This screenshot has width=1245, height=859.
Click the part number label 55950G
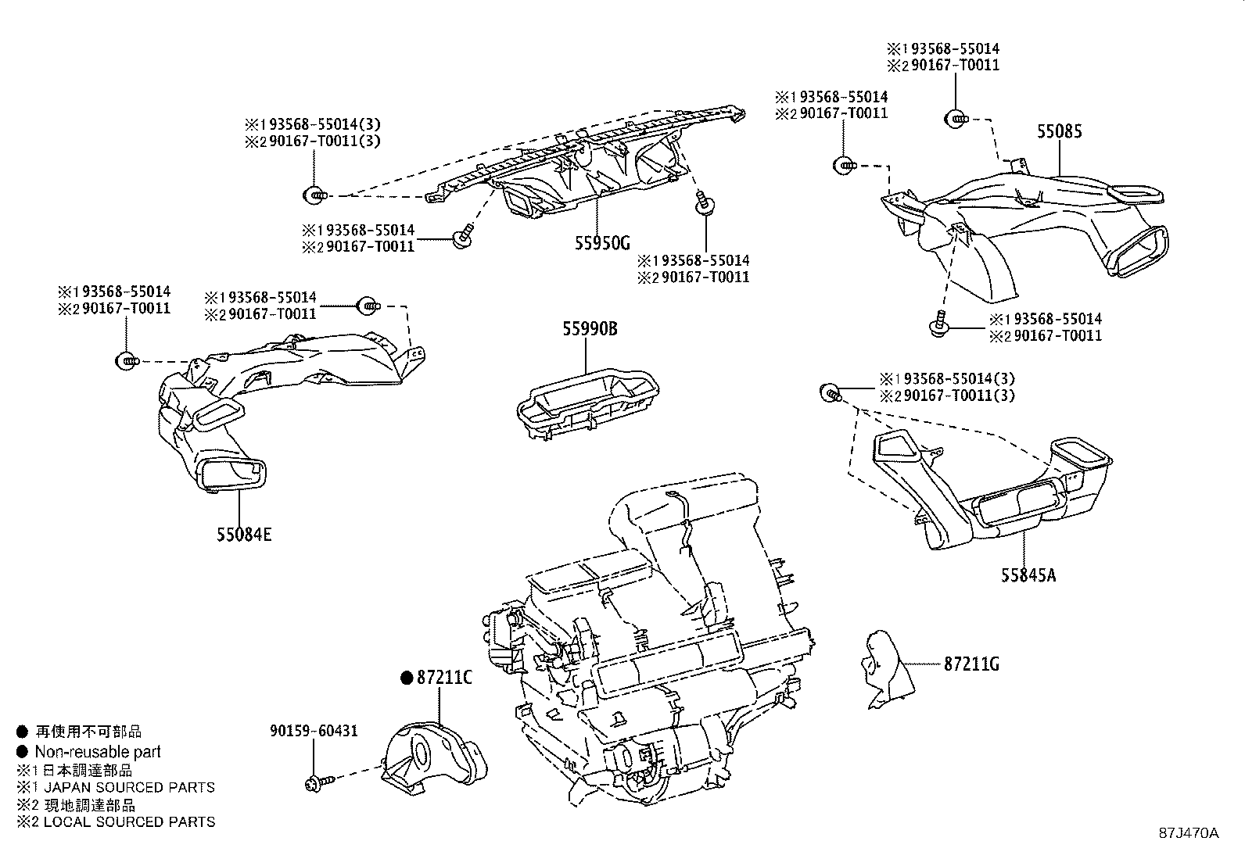601,242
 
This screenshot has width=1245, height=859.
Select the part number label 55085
1060,131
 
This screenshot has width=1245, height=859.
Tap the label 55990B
590,329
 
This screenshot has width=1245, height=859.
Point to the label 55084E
245,535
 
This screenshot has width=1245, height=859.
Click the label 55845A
1028,575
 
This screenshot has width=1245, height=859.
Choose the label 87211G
971,664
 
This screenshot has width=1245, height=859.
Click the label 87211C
444,678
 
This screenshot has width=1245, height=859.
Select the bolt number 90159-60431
314,731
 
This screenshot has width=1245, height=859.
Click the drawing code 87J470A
1188,833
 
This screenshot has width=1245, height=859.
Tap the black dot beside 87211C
406,678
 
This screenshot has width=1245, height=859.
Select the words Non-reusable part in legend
98,752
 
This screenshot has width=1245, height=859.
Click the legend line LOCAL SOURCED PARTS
125,821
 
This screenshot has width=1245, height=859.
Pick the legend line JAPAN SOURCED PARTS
125,787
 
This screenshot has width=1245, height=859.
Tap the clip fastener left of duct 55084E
125,361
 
